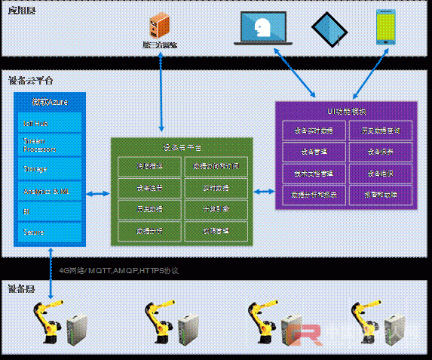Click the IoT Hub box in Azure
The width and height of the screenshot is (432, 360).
pyautogui.click(x=48, y=122)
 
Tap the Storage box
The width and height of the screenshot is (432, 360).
pyautogui.click(x=48, y=168)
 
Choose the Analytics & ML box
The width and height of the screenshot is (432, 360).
pyautogui.click(x=48, y=191)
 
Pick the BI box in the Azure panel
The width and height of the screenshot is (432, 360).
pyautogui.click(x=48, y=212)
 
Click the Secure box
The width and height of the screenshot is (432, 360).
pyautogui.click(x=48, y=232)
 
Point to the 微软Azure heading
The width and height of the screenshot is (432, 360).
pyautogui.click(x=48, y=103)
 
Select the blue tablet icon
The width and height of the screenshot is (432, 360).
pyautogui.click(x=330, y=29)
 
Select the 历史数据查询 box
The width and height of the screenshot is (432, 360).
pyautogui.click(x=380, y=130)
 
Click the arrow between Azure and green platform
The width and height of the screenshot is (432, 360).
pyautogui.click(x=99, y=195)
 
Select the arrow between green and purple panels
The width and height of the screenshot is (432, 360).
pyautogui.click(x=263, y=191)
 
